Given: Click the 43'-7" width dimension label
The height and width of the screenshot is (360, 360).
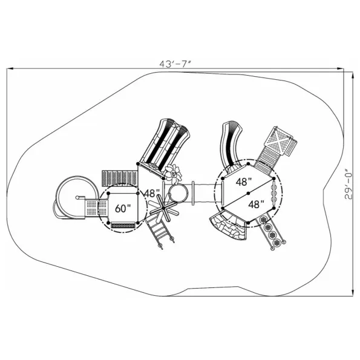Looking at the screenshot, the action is pyautogui.click(x=175, y=64).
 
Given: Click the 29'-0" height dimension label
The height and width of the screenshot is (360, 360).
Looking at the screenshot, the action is pyautogui.click(x=349, y=185).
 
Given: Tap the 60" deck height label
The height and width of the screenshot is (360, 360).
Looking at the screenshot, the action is pyautogui.click(x=123, y=209).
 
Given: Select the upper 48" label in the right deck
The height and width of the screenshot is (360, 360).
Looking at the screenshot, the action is pyautogui.click(x=244, y=182).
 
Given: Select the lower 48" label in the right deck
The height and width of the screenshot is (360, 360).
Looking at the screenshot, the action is pyautogui.click(x=256, y=204).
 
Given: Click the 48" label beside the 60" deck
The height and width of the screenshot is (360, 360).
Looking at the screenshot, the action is pyautogui.click(x=151, y=194).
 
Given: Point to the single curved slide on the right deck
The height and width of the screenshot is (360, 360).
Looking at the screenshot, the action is pyautogui.click(x=231, y=147).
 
